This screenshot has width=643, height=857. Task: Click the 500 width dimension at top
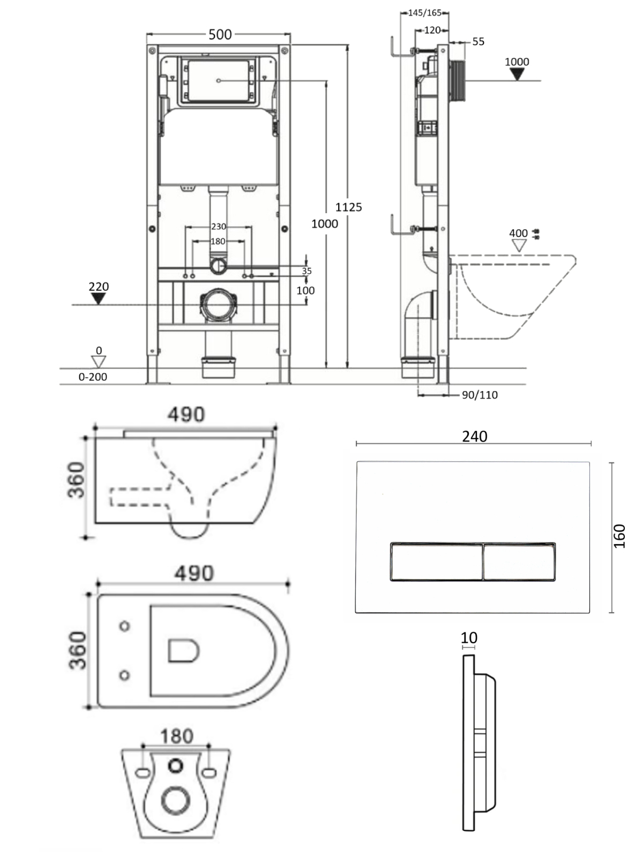coord(220,35)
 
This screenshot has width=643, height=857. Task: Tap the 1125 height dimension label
coord(349,207)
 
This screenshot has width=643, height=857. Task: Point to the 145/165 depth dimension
coord(424,13)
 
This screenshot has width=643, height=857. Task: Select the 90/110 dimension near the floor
coord(480,395)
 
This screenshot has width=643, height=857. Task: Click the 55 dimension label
coord(478,42)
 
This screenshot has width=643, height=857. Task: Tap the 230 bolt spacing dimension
coord(218,227)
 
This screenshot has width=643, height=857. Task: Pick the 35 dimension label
coord(306,271)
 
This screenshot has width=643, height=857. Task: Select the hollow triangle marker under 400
coord(519,246)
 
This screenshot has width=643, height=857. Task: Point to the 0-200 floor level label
coord(93,377)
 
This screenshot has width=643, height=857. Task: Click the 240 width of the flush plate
coord(474,437)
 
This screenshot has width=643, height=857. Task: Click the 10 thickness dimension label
coord(469,638)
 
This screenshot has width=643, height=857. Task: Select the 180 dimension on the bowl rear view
coord(176,736)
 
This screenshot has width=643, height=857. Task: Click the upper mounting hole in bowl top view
coord(125,626)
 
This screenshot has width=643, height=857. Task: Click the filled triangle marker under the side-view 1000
coord(517,74)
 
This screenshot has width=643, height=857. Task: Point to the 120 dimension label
coord(432,31)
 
